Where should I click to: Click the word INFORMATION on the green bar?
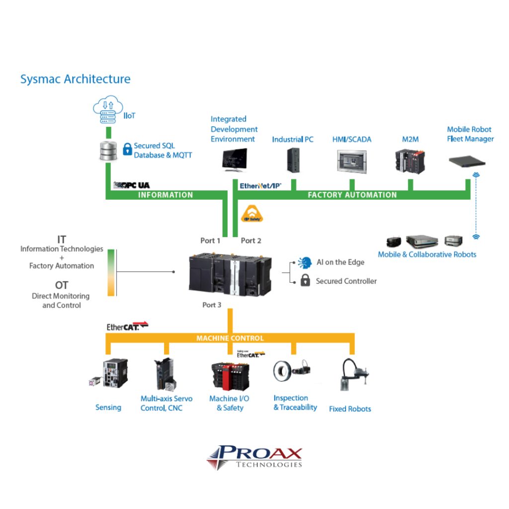[x=165, y=195]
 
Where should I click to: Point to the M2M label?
[x=410, y=140]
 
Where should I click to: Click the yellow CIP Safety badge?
[x=251, y=214]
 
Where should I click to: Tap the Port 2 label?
[x=251, y=241]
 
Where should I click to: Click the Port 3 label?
[x=212, y=305]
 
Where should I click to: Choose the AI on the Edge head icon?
[x=304, y=262]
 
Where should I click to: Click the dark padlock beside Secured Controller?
[x=305, y=281]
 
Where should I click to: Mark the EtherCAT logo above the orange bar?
[x=127, y=326]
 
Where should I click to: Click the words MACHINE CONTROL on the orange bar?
[x=230, y=338]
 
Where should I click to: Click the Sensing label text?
[x=108, y=408]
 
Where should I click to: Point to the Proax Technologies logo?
[x=254, y=457]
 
